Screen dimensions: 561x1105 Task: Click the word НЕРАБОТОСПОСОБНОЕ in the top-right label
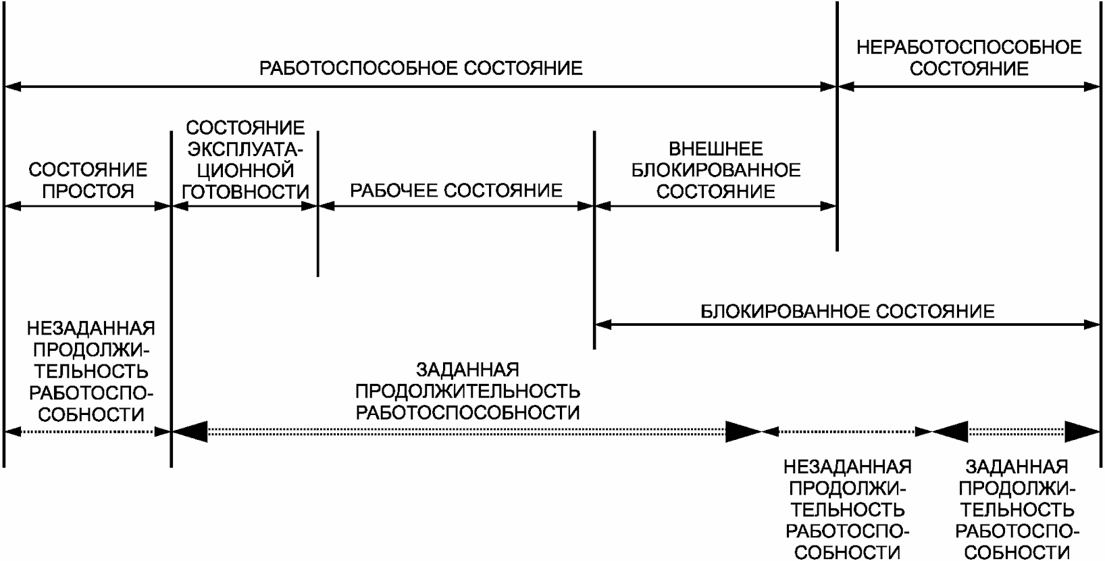point(969,47)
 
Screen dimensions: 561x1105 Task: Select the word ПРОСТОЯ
point(88,191)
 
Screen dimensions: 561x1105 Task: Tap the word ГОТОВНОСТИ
point(245,191)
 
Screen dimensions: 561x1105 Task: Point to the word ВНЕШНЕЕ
point(715,149)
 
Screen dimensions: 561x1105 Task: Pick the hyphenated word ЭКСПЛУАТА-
point(245,149)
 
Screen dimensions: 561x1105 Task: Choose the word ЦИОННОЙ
point(245,170)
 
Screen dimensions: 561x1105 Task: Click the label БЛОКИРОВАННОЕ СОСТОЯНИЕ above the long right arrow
point(847,311)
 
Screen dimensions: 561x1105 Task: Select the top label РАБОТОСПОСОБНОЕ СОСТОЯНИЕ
point(421,68)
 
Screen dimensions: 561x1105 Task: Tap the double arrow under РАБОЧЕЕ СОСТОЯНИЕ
point(456,206)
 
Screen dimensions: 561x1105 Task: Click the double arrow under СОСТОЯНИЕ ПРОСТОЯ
point(88,206)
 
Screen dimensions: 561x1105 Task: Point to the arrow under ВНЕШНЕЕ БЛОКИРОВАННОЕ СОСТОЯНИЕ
point(715,206)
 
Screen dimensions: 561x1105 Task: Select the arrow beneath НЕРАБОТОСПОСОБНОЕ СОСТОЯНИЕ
point(969,87)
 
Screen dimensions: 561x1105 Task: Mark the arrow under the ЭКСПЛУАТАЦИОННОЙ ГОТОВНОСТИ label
point(245,206)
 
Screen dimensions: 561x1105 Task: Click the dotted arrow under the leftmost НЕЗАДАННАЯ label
point(88,431)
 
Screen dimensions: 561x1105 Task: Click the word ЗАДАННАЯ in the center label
point(467,370)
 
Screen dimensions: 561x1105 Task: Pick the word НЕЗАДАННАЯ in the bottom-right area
point(847,466)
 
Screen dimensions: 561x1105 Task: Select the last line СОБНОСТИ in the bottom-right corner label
point(1017,552)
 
